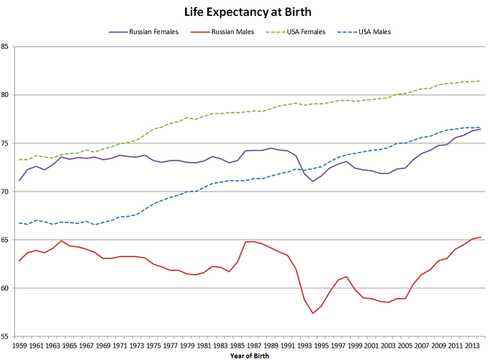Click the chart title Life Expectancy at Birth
[243, 12]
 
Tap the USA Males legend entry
[375, 32]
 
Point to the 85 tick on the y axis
[6, 47]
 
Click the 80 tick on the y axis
[6, 95]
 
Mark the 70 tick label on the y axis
[6, 192]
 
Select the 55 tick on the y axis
[6, 336]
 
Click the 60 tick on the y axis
[6, 288]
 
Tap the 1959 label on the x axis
[19, 346]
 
